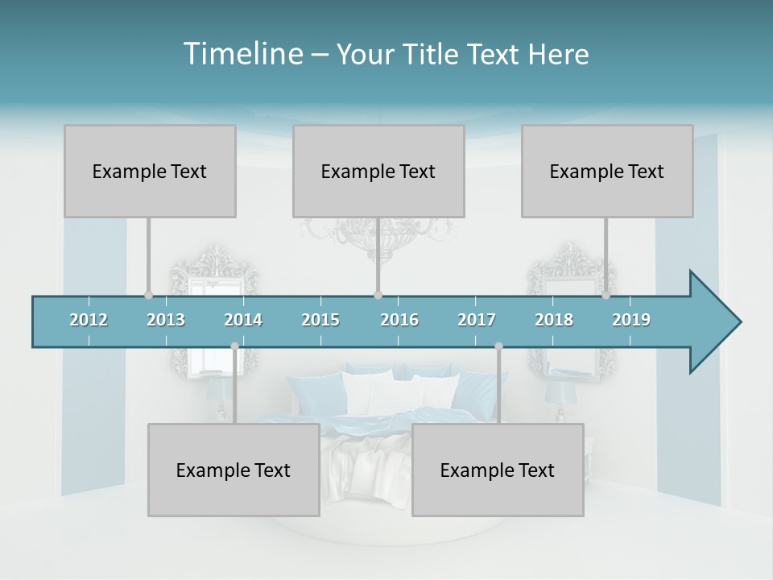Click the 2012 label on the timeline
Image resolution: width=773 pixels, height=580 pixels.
click(x=89, y=320)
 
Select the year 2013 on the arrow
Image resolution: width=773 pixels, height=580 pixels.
click(x=166, y=320)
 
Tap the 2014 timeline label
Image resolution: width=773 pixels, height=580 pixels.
click(x=243, y=320)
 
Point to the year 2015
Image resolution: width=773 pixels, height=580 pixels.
click(x=320, y=320)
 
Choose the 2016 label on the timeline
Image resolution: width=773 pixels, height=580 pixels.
click(x=399, y=320)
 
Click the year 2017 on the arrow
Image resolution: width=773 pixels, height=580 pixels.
click(x=477, y=320)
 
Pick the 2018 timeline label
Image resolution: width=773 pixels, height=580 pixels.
click(x=554, y=320)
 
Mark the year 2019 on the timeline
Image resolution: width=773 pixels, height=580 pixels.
click(x=631, y=320)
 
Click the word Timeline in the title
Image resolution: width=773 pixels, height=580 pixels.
click(x=242, y=54)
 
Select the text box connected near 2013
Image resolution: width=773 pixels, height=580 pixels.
click(x=150, y=171)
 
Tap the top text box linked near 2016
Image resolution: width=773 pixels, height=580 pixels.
click(x=378, y=171)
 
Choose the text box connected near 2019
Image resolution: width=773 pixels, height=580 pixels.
click(x=607, y=171)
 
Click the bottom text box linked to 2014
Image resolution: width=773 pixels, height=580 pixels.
click(x=234, y=470)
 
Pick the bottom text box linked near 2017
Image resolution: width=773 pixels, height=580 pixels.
click(x=498, y=470)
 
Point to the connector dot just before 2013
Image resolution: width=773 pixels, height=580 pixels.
click(x=148, y=295)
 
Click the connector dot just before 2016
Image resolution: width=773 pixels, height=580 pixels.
click(x=378, y=295)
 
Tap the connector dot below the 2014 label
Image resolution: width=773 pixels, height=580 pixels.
click(x=234, y=346)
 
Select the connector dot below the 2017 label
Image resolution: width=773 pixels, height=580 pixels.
click(x=498, y=346)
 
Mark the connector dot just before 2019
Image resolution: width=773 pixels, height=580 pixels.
click(x=606, y=295)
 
